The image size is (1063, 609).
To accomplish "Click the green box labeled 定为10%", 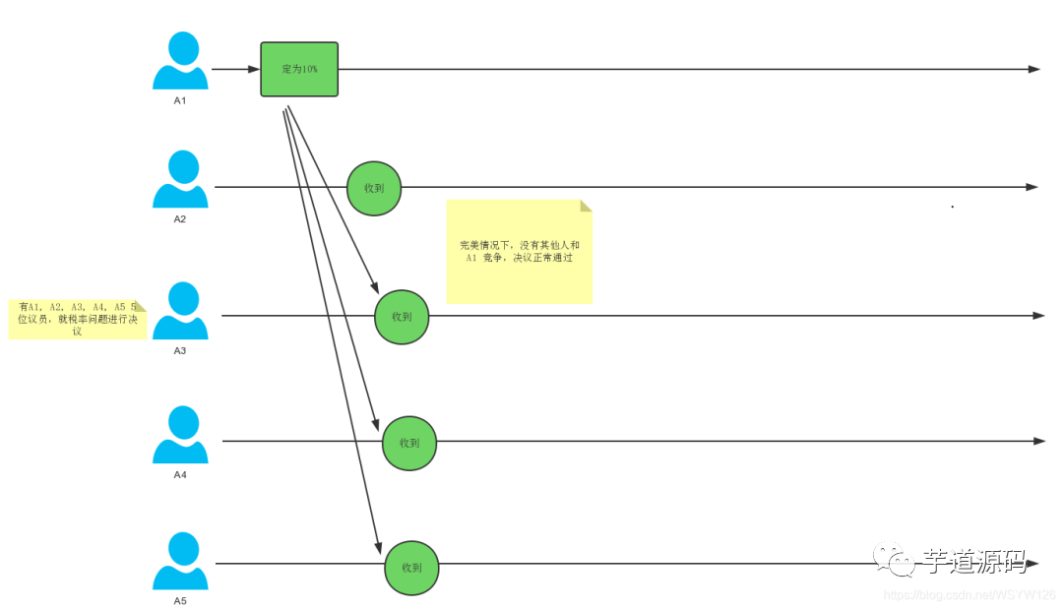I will pyautogui.click(x=299, y=69).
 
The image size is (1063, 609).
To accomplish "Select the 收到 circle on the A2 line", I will pyautogui.click(x=374, y=188).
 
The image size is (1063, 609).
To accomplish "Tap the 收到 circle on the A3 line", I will pyautogui.click(x=402, y=317).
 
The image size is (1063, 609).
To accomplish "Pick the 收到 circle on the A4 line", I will pyautogui.click(x=409, y=443).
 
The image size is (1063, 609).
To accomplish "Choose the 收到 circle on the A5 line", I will pyautogui.click(x=411, y=568).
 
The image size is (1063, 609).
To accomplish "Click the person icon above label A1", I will pyautogui.click(x=180, y=61).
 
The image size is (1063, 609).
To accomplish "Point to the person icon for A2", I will pyautogui.click(x=180, y=179).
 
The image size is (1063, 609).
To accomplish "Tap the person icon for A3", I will pyautogui.click(x=180, y=310).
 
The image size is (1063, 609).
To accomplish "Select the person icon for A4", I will pyautogui.click(x=180, y=435).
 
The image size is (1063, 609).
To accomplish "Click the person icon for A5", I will pyautogui.click(x=180, y=561).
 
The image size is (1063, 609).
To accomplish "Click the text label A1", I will pyautogui.click(x=180, y=101).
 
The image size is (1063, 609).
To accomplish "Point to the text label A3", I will pyautogui.click(x=180, y=350).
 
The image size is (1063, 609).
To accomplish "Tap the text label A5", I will pyautogui.click(x=180, y=600).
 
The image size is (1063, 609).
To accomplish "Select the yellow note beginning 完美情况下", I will pyautogui.click(x=519, y=252).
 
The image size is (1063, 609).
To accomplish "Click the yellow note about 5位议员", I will pyautogui.click(x=77, y=319).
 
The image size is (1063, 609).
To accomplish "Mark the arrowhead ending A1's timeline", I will pyautogui.click(x=1033, y=69).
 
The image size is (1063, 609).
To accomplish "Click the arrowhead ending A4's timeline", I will pyautogui.click(x=1039, y=441).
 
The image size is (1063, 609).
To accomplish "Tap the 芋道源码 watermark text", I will pyautogui.click(x=974, y=562).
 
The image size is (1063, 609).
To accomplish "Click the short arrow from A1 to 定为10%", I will pyautogui.click(x=234, y=69).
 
